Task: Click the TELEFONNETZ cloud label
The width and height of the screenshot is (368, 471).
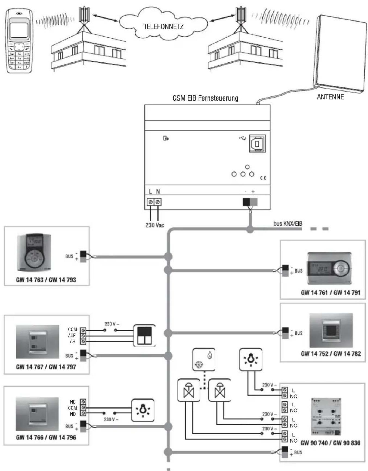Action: [x=163, y=26]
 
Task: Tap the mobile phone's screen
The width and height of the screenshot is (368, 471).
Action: [x=19, y=30]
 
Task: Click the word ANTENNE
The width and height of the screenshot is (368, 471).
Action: [x=330, y=97]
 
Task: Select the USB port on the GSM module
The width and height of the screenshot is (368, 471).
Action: [x=257, y=144]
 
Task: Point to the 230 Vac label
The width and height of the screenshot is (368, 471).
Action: [x=154, y=225]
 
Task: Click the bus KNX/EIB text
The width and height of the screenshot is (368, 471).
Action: [x=288, y=224]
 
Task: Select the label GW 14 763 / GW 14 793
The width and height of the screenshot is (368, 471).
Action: [x=46, y=280]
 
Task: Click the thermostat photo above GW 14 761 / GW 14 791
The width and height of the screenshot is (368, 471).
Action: [x=329, y=269]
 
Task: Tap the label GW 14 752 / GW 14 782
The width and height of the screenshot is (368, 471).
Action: [x=330, y=354]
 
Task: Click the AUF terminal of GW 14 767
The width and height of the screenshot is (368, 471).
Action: [x=83, y=336]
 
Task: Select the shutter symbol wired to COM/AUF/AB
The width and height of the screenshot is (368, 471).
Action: [x=144, y=336]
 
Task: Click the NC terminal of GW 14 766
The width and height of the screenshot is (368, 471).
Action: [x=83, y=402]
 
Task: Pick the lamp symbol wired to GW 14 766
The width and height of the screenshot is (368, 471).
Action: [x=143, y=410]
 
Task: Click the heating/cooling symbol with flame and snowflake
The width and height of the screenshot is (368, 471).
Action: [x=204, y=360]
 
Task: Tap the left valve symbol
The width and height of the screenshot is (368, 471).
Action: [x=188, y=390]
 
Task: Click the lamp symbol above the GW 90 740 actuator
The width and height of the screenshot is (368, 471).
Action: [x=251, y=360]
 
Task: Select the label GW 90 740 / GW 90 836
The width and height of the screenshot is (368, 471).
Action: [x=330, y=443]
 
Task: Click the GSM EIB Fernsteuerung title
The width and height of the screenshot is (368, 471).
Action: [x=205, y=98]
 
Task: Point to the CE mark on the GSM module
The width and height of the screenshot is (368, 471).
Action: [x=263, y=178]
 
